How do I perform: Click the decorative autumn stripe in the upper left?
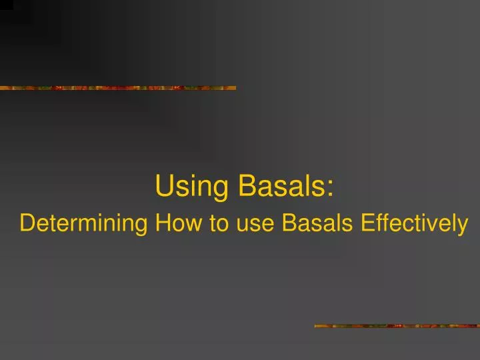point(117,87)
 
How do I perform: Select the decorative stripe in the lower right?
point(397,326)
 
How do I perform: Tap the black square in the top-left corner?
point(6,4)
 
